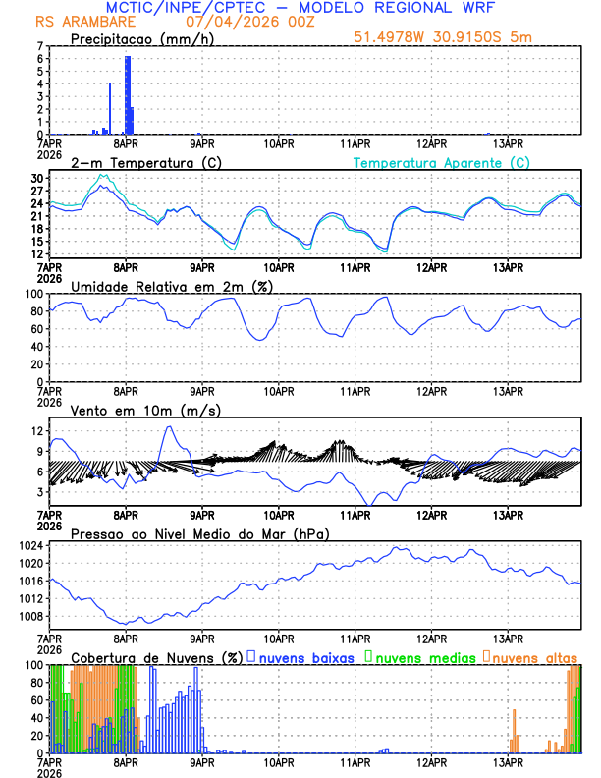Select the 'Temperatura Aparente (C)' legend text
pos(442,162)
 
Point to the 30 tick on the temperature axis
pos(37,179)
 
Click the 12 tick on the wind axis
pos(37,431)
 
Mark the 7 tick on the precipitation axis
pos(40,46)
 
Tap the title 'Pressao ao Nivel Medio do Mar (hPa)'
pos(199,533)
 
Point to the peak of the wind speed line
pos(168,426)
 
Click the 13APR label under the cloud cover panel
pos(507,761)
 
